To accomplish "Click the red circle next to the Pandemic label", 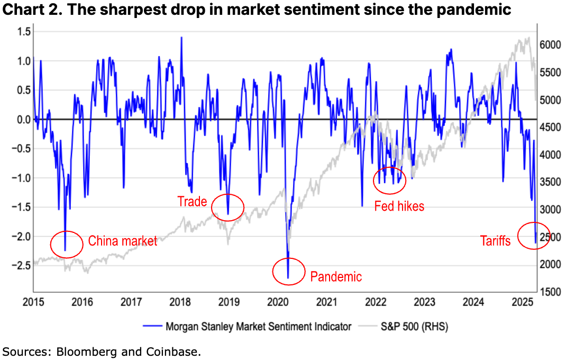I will [289, 271].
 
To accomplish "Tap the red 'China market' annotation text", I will [122, 241].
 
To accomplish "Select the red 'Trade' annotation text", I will [191, 201].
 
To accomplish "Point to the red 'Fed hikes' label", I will [399, 206].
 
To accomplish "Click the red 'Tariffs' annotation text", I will [495, 241].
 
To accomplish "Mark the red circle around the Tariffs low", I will [533, 236].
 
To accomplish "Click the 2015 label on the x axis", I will [33, 302].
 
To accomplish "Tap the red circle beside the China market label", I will [67, 244].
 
